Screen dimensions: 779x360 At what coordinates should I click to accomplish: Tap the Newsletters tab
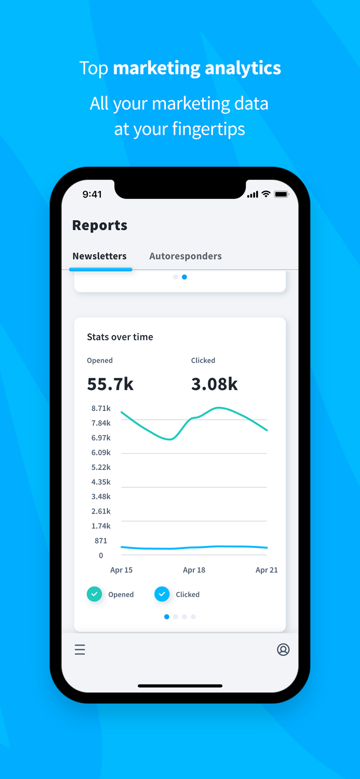click(99, 256)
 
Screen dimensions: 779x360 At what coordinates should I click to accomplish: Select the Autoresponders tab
click(185, 256)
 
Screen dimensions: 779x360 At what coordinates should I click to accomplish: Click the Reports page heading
click(100, 225)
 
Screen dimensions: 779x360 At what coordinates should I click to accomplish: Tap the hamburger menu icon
click(79, 650)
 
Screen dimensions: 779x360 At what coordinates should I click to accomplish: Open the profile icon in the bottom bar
click(283, 650)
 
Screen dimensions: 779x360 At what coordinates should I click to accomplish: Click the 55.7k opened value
click(110, 384)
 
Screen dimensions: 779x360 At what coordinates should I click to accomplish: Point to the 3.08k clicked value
click(215, 384)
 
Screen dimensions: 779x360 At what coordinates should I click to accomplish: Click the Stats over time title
click(120, 337)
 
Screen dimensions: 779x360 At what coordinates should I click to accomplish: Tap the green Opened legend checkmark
click(94, 594)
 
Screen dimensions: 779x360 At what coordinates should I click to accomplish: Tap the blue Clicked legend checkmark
click(162, 594)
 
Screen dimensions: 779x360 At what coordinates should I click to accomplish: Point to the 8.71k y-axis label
click(101, 409)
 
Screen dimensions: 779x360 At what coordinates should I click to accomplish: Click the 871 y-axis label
click(101, 541)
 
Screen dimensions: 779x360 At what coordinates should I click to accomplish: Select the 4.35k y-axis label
click(101, 482)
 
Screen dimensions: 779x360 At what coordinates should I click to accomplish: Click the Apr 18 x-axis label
click(194, 570)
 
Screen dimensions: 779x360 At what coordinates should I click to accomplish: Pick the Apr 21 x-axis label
click(266, 570)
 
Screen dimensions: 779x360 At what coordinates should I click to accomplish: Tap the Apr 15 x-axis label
click(122, 570)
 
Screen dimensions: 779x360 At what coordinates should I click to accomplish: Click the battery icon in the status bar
click(281, 194)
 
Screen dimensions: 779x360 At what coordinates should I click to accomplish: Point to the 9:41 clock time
click(92, 194)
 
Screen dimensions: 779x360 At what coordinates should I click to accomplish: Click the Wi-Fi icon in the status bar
click(266, 194)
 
